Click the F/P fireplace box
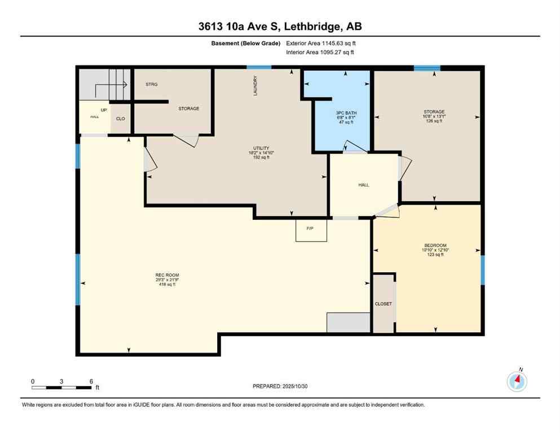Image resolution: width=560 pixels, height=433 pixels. click(311, 230)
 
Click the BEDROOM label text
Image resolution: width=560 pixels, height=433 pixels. click(435, 245)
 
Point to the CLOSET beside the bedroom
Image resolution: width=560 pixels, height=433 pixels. click(383, 304)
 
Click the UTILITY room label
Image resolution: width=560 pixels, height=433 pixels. click(261, 148)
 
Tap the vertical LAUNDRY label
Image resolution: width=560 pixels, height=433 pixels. click(255, 86)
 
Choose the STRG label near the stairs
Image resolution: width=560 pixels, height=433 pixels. click(151, 84)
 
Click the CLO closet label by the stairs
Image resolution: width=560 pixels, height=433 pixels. click(120, 119)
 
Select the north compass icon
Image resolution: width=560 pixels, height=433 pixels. click(517, 381)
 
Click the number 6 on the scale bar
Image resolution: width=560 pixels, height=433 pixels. click(91, 381)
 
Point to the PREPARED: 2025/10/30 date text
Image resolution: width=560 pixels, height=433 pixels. click(280, 386)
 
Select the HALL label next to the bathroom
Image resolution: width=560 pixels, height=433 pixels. click(364, 185)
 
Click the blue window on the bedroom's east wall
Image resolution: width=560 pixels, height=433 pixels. click(482, 269)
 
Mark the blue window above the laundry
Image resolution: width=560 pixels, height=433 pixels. click(259, 68)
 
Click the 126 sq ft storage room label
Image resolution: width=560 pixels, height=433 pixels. click(434, 121)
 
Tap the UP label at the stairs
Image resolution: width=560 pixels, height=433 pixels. click(104, 109)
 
